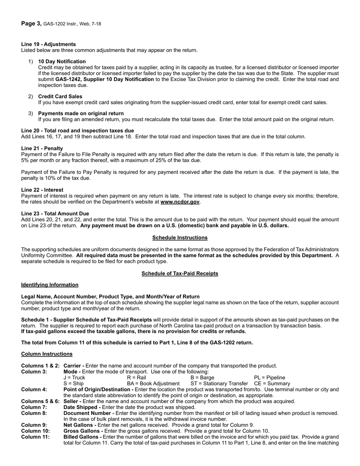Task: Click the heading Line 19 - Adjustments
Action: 49,44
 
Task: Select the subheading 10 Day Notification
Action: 62,61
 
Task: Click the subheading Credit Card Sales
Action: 60,97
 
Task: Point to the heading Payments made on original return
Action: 81,113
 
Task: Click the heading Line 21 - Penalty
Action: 42,148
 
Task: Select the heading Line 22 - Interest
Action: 42,190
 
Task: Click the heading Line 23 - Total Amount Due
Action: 55,214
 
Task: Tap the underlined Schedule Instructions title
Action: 180,238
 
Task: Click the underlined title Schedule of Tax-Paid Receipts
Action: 180,274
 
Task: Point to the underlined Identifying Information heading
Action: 50,285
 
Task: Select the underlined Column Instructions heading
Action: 47,354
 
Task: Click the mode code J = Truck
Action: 74,378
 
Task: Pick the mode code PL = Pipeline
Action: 269,378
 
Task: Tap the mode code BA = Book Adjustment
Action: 153,384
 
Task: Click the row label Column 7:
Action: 34,407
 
